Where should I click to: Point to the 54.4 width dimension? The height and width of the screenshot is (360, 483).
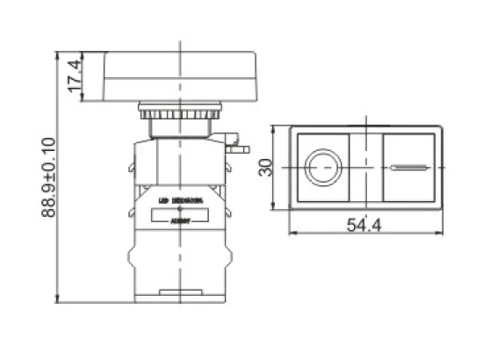point(364,226)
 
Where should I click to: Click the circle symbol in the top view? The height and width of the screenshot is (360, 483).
point(321,166)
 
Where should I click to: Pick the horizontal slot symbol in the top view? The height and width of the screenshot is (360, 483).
point(409,167)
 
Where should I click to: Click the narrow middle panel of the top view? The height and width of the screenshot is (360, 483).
point(363,166)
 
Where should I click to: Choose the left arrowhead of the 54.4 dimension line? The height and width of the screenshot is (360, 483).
point(293,234)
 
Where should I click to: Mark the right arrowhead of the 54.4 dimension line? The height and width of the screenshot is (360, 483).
point(439,234)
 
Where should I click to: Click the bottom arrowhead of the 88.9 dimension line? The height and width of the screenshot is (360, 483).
point(59,299)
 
